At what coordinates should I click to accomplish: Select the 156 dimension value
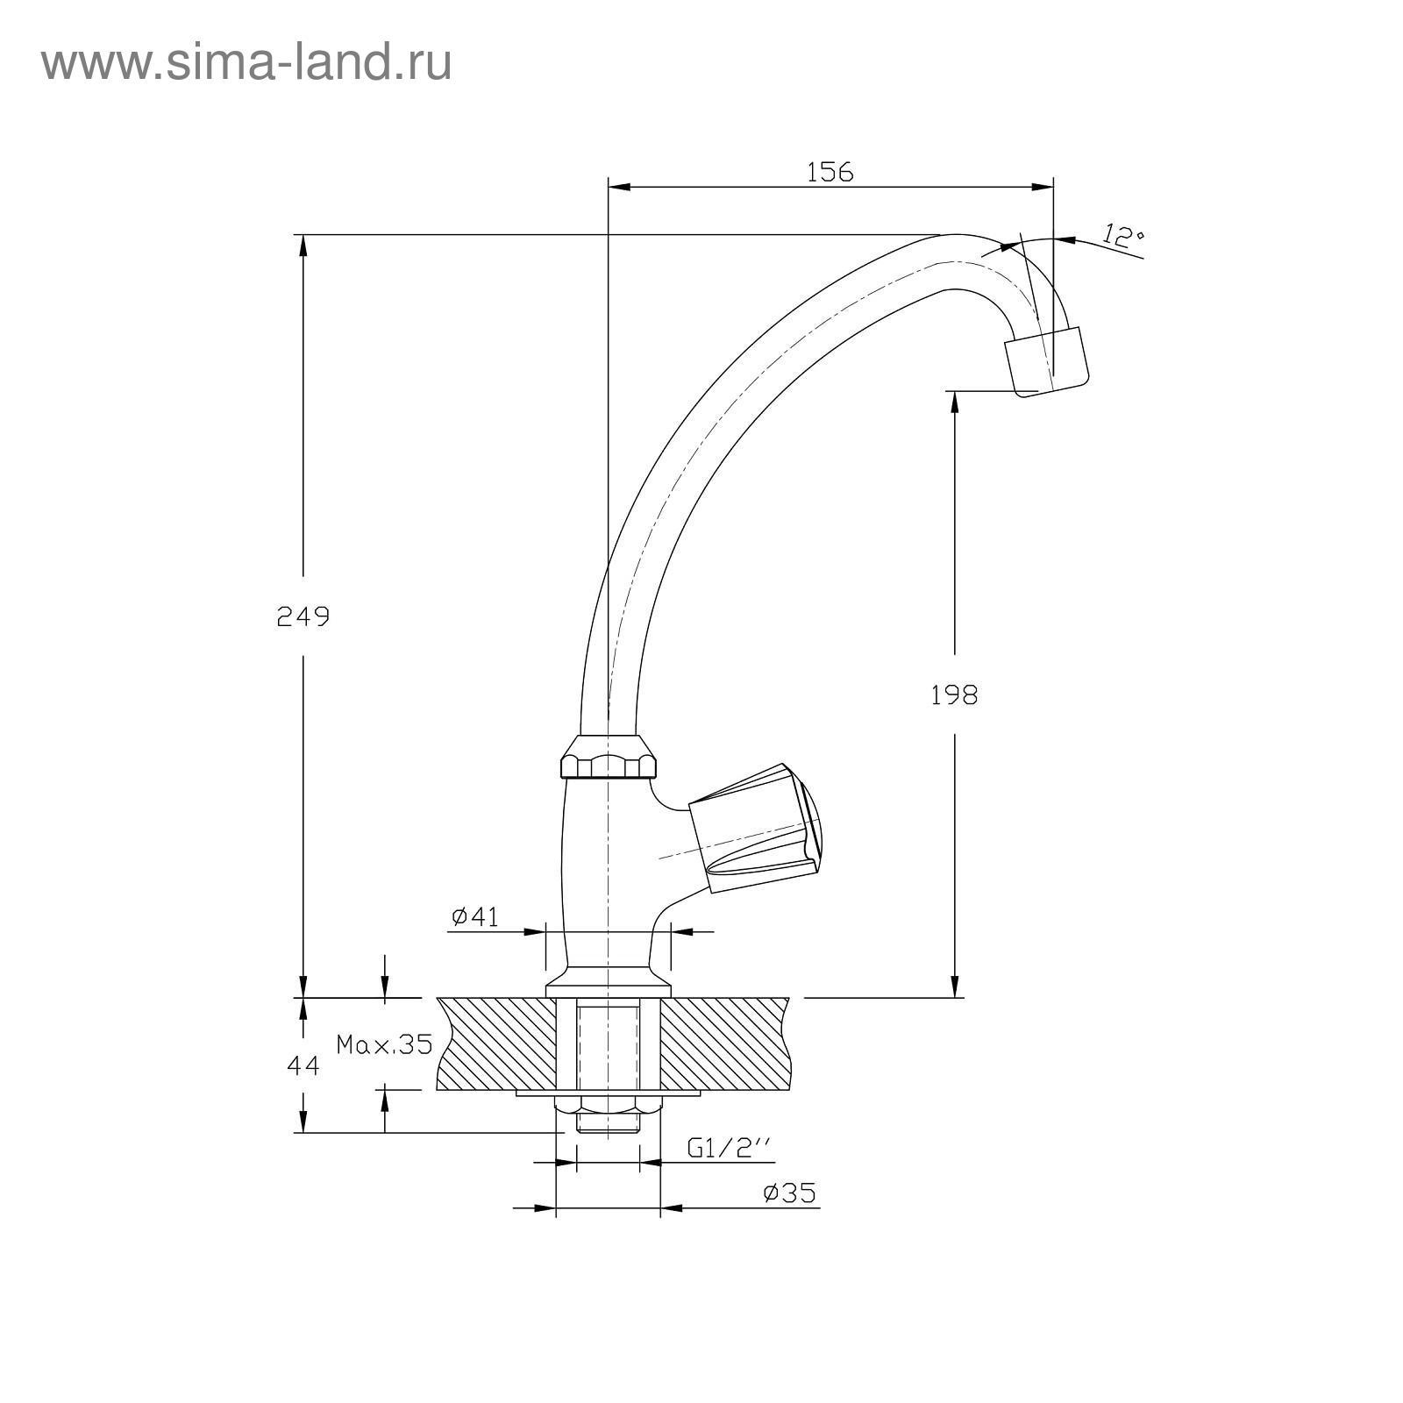830,172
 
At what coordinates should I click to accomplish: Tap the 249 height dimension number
303,617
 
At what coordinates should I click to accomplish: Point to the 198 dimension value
954,695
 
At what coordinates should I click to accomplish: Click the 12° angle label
1122,236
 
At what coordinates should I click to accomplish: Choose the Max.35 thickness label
385,1044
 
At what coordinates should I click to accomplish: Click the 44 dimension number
303,1065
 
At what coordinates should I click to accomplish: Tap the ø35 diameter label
789,1193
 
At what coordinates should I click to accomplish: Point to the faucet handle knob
754,829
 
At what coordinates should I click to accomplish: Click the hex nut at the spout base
609,758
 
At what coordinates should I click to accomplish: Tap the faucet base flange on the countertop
609,989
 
